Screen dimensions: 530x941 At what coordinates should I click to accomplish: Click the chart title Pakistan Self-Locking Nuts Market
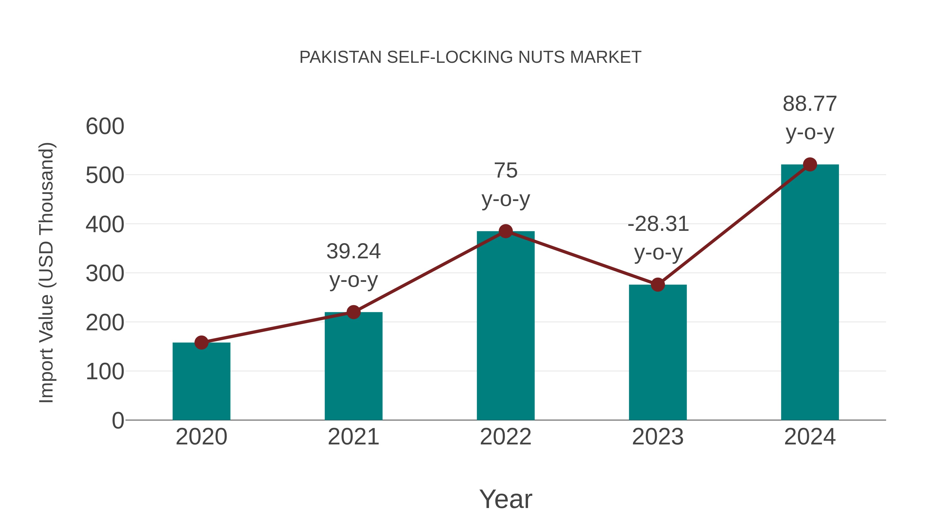coord(470,57)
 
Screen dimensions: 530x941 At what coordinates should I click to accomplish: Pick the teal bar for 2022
coord(506,326)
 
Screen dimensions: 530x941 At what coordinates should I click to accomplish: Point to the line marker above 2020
coord(201,343)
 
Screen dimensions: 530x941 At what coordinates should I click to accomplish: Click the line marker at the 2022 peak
coord(506,231)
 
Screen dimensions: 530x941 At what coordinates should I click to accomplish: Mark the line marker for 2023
coord(658,284)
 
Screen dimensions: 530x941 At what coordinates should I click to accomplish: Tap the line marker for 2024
coord(810,165)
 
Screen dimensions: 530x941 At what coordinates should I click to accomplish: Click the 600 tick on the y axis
coord(105,127)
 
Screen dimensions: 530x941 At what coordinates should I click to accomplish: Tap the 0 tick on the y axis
coord(118,420)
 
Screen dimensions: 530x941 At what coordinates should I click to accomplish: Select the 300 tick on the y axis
coord(105,273)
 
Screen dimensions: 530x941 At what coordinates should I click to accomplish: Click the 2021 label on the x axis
coord(353,437)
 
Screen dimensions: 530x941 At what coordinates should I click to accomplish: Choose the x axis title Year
coord(506,499)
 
